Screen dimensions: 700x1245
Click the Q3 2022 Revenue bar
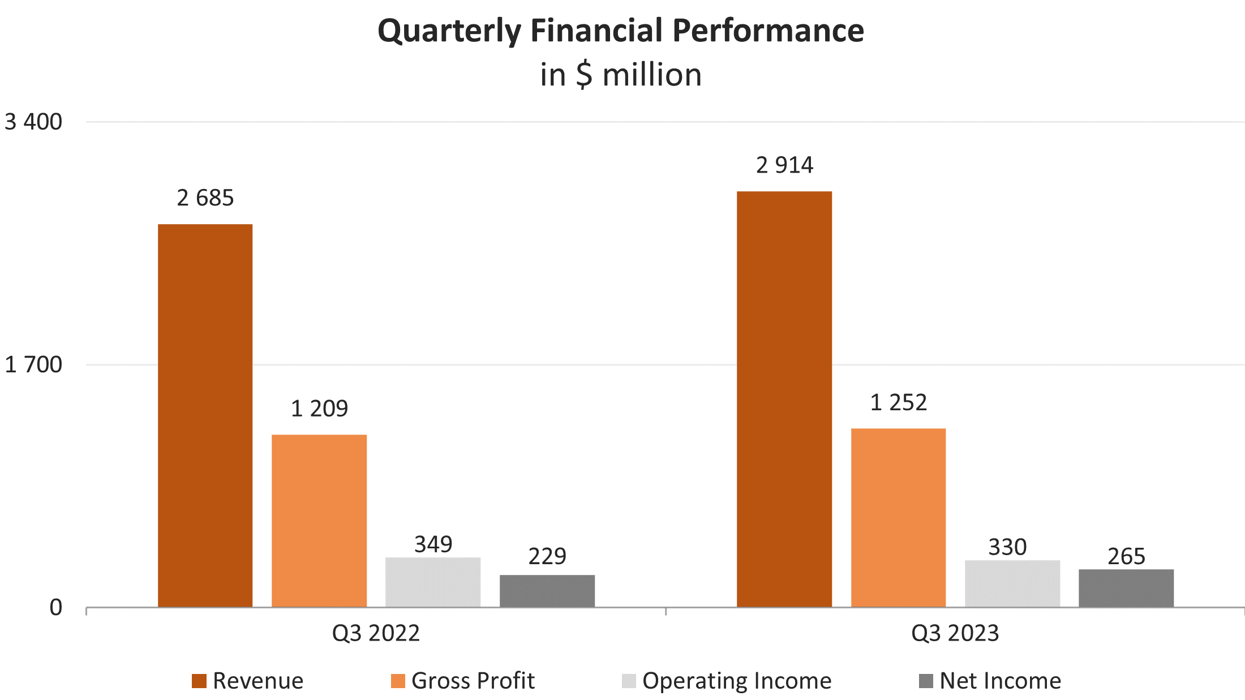[x=205, y=415]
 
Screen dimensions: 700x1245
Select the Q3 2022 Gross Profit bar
[x=319, y=521]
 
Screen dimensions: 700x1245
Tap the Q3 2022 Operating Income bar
[x=433, y=582]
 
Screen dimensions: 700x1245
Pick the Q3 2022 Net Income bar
[x=547, y=591]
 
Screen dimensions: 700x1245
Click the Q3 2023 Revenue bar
[x=784, y=399]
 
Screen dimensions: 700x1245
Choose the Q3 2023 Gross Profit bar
[x=899, y=518]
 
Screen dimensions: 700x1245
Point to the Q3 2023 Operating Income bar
[x=1012, y=583]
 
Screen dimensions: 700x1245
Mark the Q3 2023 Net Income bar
[x=1126, y=588]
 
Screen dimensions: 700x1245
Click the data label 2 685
[x=205, y=198]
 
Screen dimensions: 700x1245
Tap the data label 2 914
[x=784, y=165]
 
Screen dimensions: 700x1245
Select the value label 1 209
[x=319, y=409]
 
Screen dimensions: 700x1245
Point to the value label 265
[x=1126, y=556]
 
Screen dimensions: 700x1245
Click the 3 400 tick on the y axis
[x=33, y=122]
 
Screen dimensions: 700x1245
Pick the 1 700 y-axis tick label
[x=33, y=365]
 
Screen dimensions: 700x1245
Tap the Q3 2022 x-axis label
[x=376, y=633]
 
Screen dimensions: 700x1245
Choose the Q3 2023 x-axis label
[x=955, y=633]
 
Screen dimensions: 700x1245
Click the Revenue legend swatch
[x=199, y=681]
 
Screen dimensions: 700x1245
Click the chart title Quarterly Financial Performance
[x=621, y=31]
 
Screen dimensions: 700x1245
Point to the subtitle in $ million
[x=621, y=75]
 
